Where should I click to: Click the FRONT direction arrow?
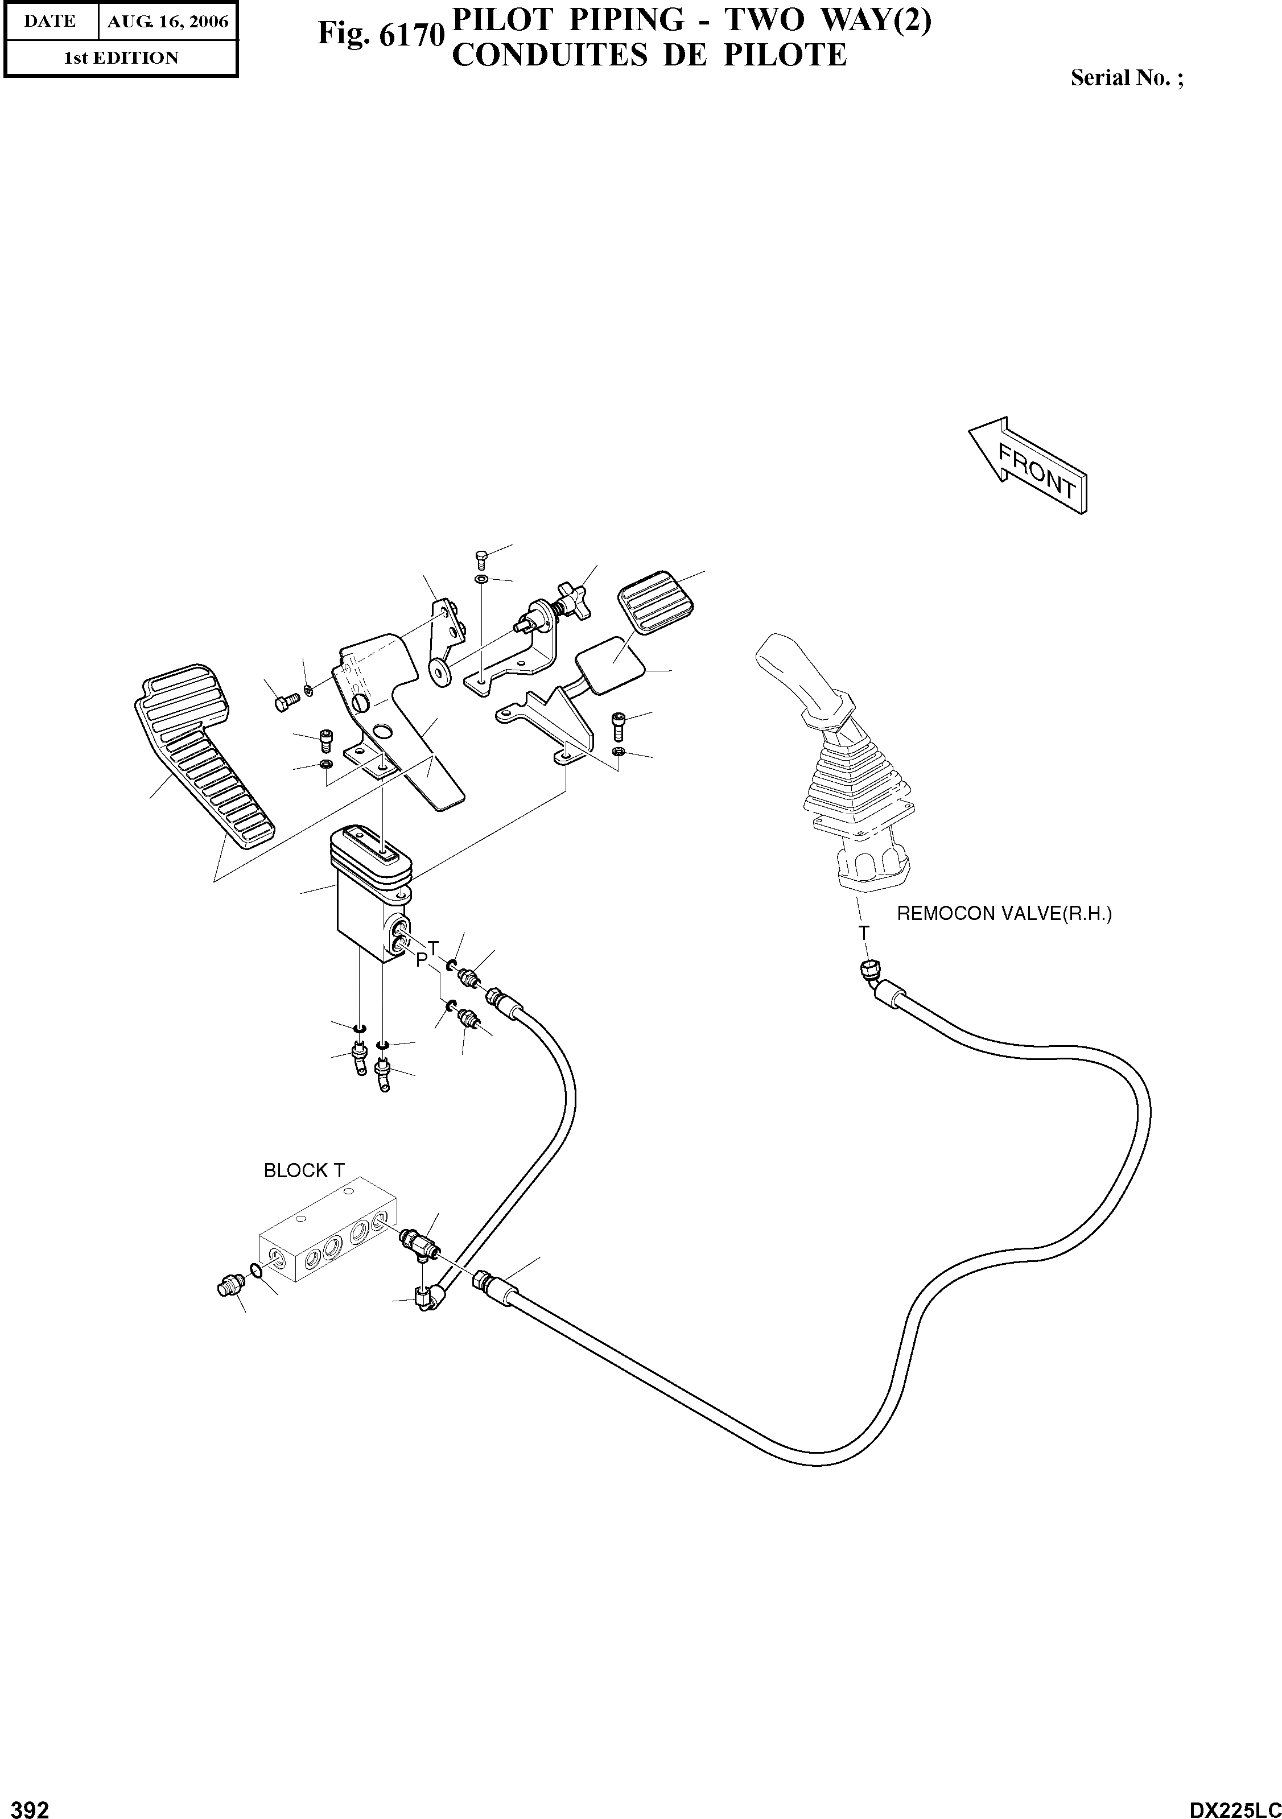tap(1028, 466)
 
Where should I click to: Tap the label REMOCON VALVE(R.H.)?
tap(1004, 913)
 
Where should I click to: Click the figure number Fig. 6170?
tap(379, 34)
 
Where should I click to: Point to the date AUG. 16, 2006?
tap(168, 22)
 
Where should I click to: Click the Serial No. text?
tap(1127, 77)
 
